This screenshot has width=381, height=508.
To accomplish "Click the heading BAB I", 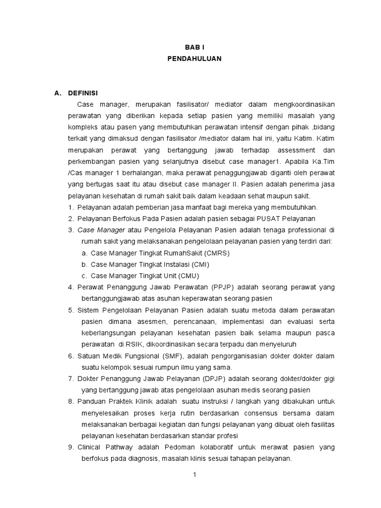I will point(194,47).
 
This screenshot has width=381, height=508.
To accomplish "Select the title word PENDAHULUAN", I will point(194,58).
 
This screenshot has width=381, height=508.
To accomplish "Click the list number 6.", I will point(71,356).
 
